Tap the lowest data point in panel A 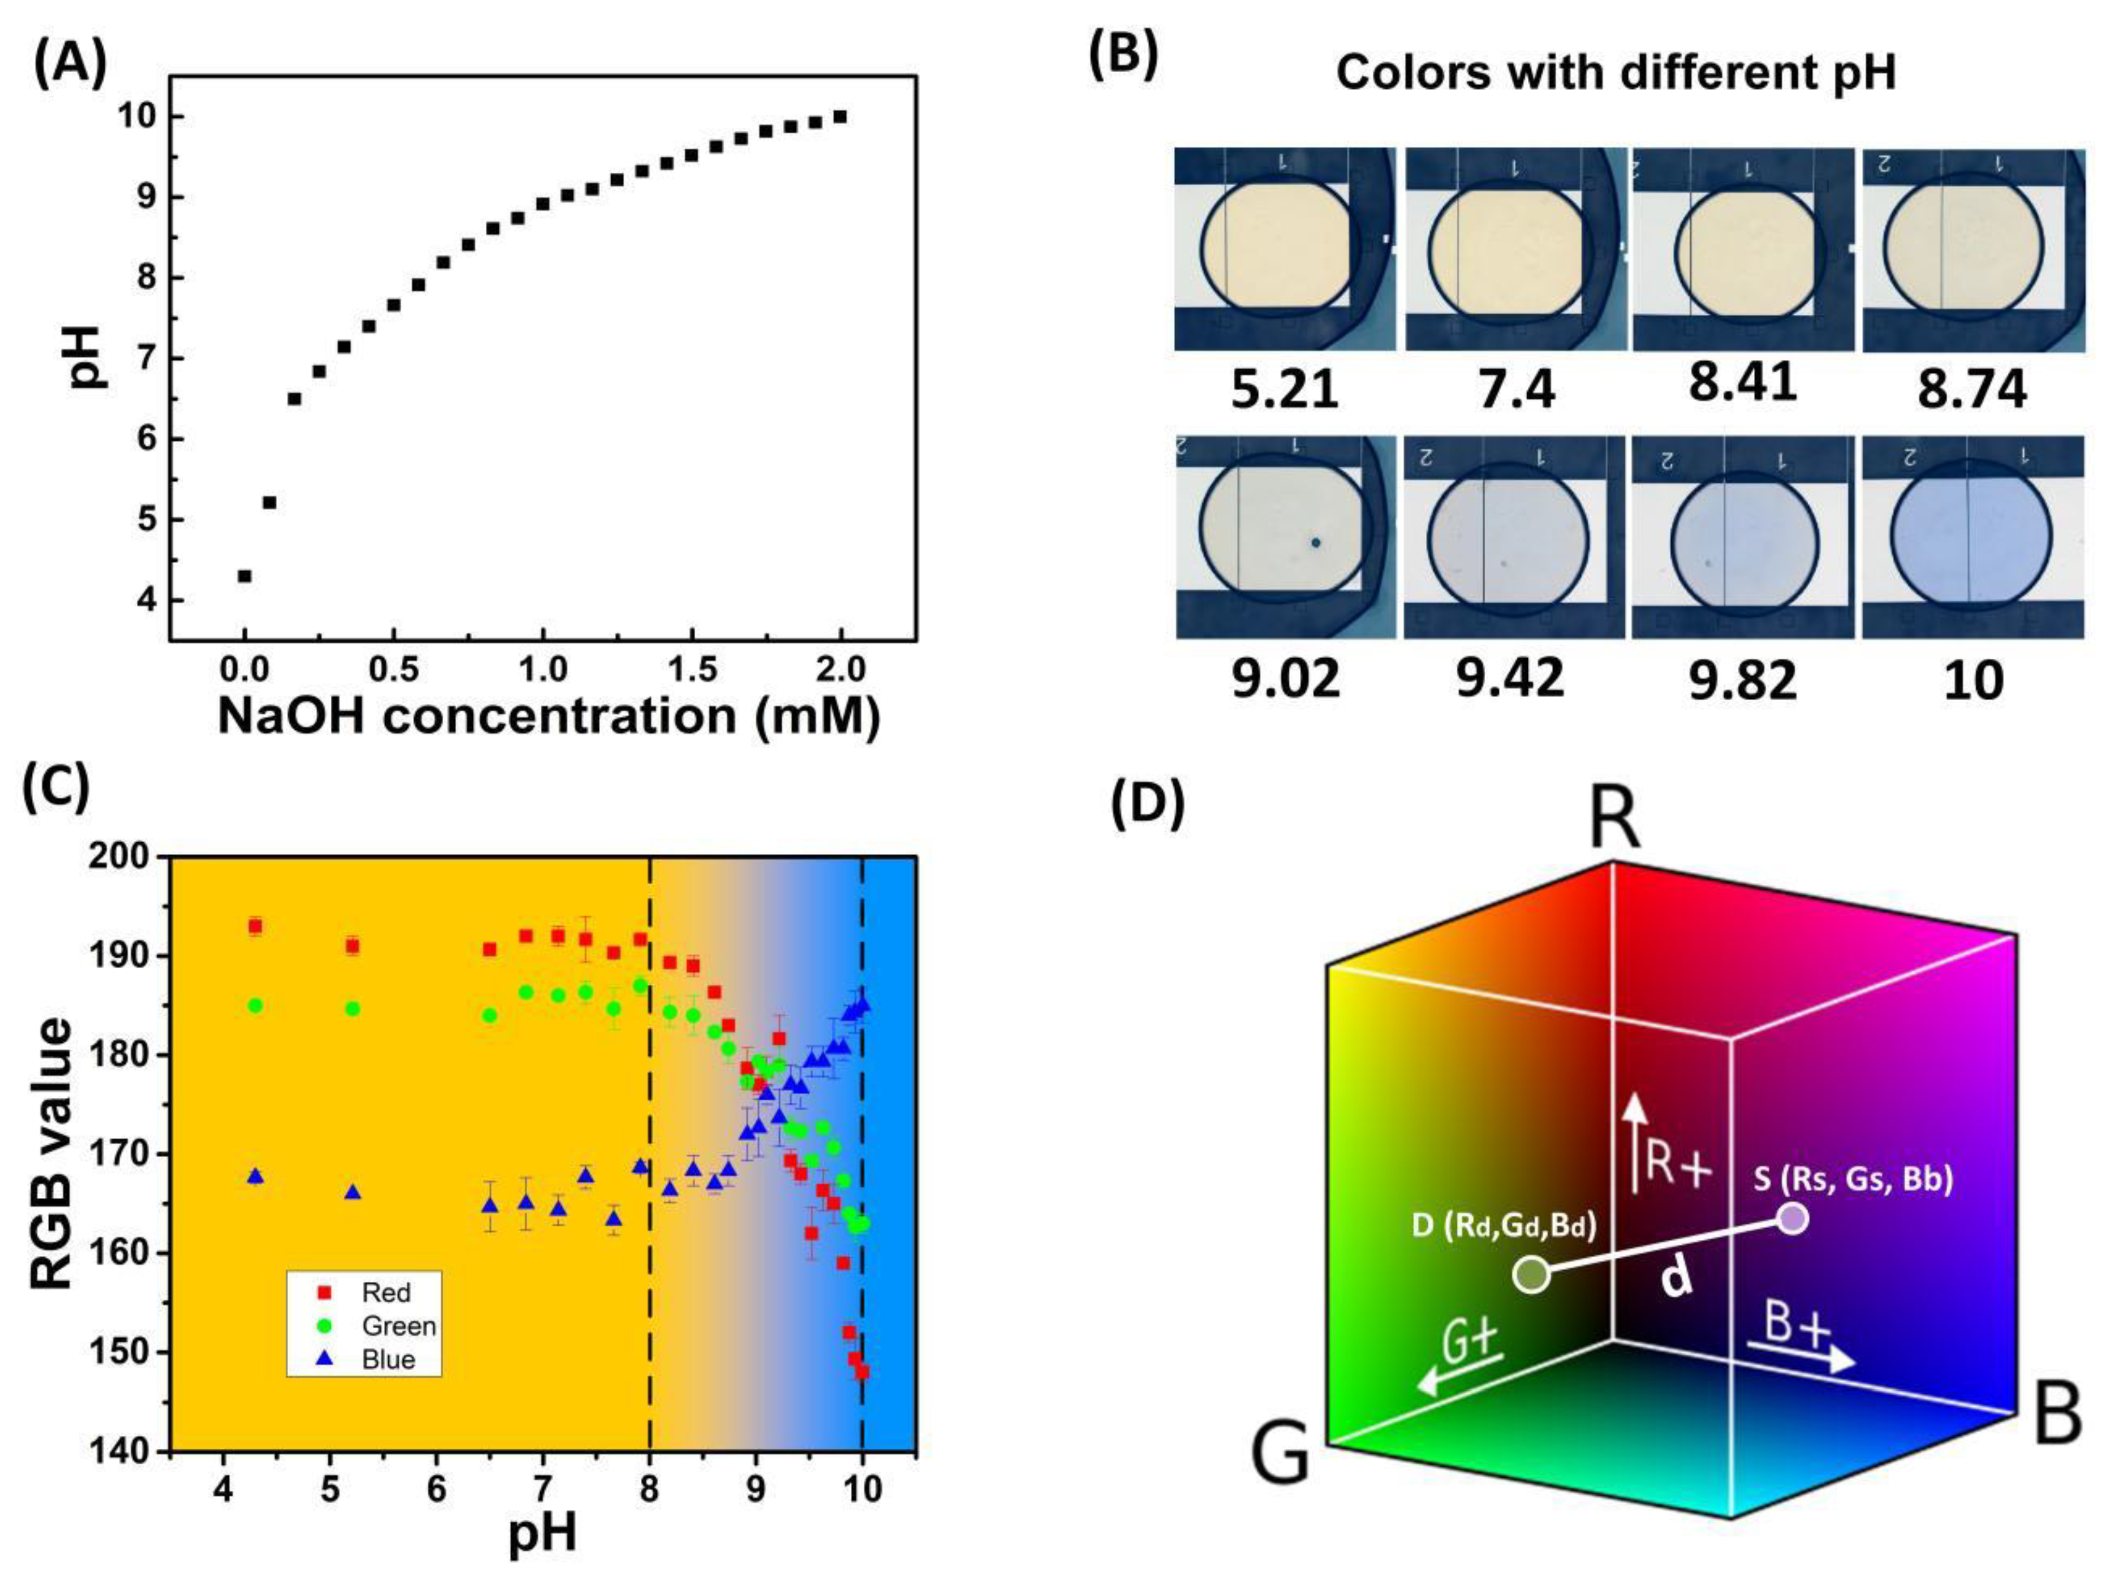(244, 576)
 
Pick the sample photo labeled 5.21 (1284, 249)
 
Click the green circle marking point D (1531, 1274)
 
